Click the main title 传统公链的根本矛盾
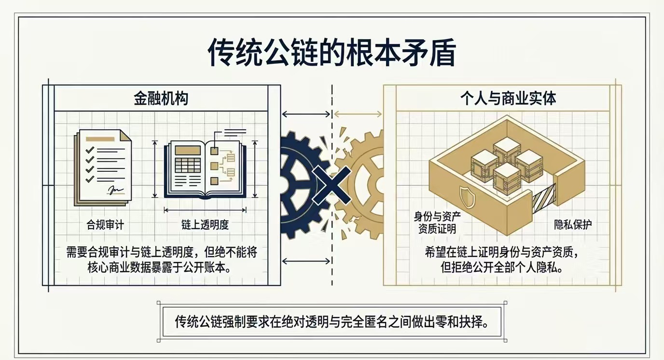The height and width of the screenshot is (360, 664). [332, 53]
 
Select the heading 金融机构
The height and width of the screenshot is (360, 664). [161, 99]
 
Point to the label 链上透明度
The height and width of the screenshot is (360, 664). [205, 224]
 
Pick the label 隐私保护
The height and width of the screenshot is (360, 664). [572, 224]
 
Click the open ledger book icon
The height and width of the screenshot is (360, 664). [205, 169]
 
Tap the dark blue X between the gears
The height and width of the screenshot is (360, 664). [332, 184]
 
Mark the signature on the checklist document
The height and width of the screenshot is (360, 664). [116, 190]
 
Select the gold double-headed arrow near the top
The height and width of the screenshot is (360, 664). [358, 114]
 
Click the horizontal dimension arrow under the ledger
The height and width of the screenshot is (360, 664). [205, 209]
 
